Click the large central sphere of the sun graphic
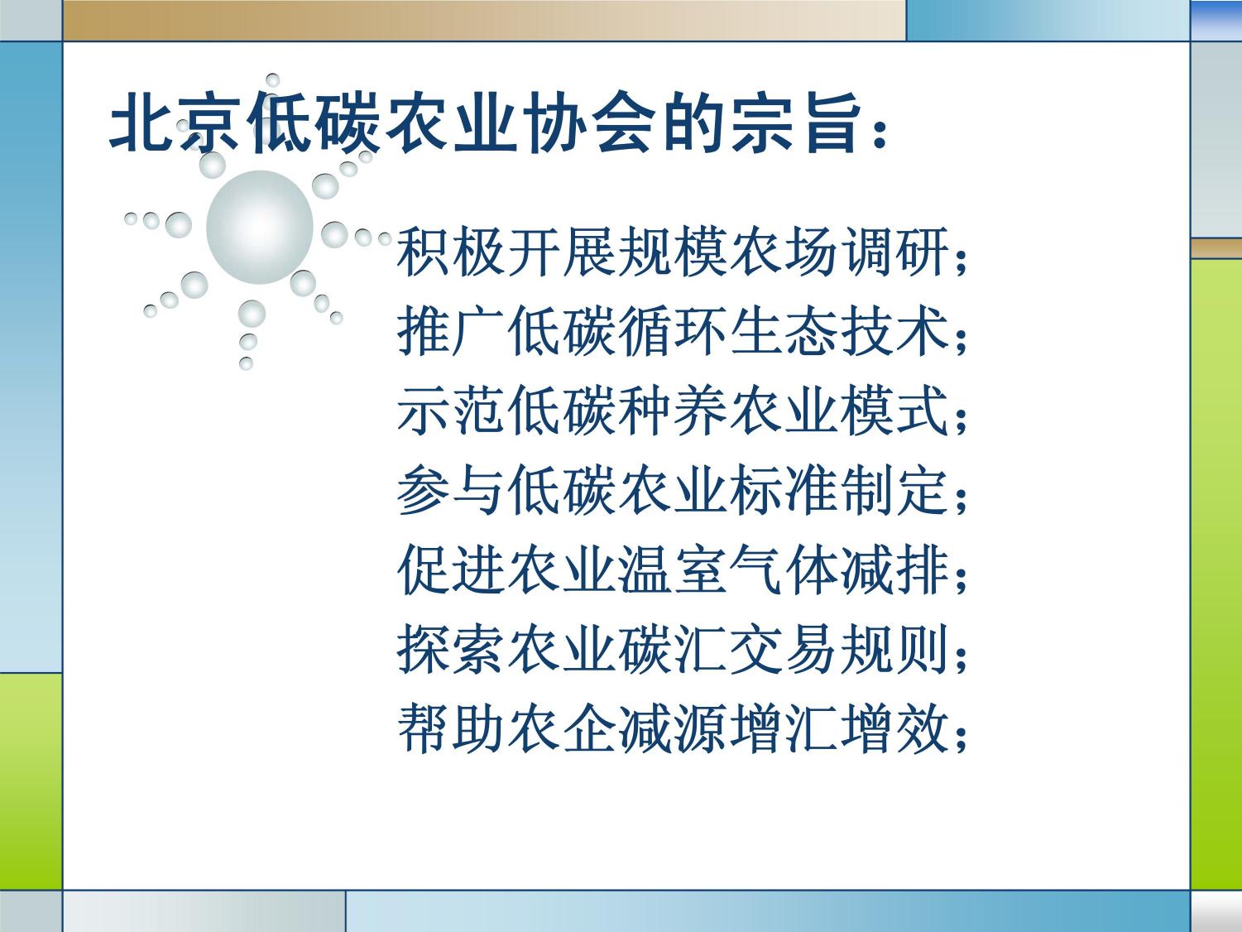pos(259,227)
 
